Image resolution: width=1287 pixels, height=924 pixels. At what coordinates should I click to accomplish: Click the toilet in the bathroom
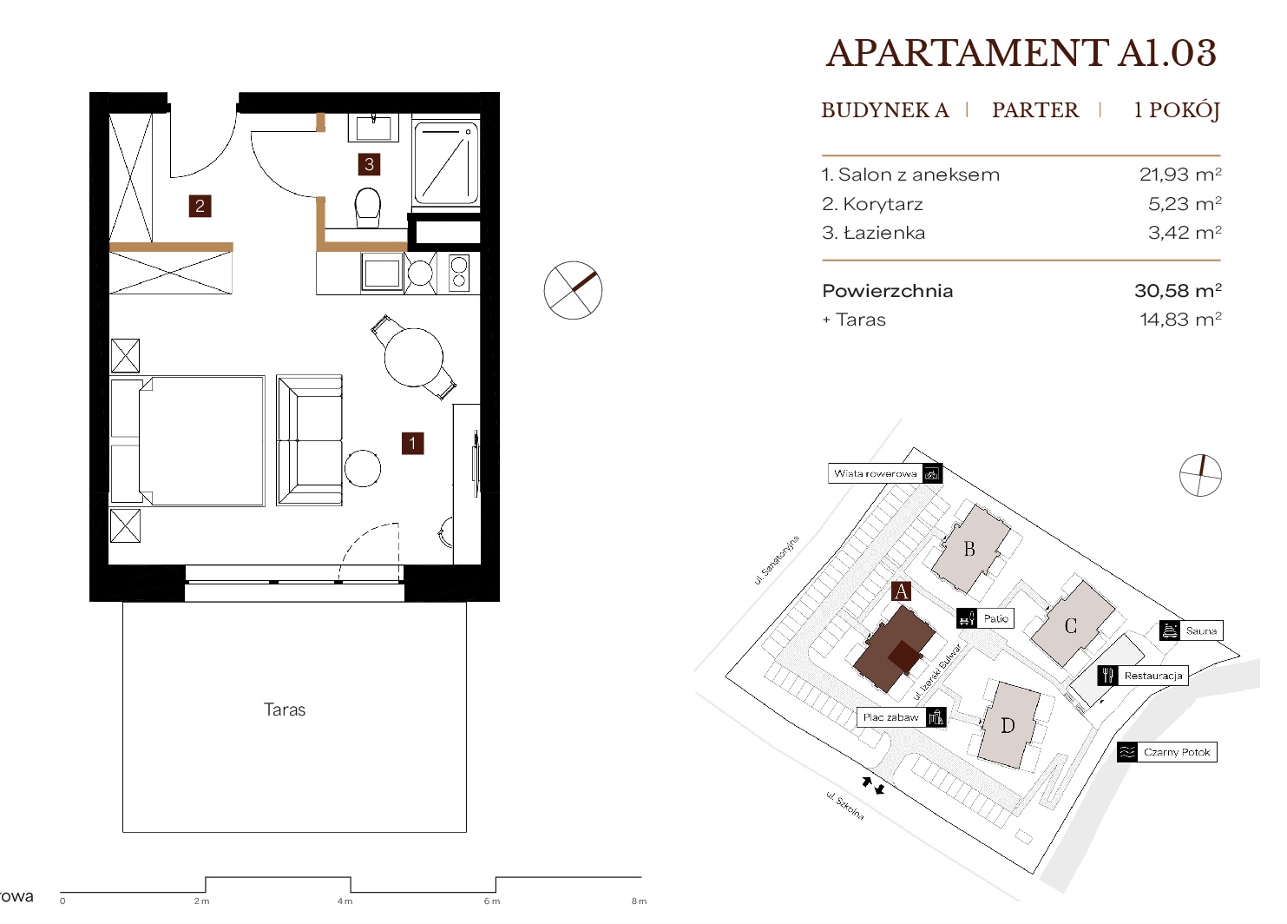[368, 208]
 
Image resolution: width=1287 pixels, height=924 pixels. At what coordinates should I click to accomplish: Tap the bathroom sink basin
[373, 128]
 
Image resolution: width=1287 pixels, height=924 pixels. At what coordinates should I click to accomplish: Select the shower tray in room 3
[446, 162]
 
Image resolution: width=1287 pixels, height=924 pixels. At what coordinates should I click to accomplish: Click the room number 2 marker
[200, 206]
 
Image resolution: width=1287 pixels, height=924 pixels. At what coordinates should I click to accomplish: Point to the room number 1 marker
[412, 443]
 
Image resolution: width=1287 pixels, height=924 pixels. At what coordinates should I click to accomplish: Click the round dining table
[414, 357]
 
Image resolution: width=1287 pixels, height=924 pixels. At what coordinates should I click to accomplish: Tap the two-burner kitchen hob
[459, 273]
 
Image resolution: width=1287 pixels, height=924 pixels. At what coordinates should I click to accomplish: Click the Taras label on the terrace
[285, 709]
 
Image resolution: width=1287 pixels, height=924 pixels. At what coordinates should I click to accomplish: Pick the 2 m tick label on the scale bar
[201, 901]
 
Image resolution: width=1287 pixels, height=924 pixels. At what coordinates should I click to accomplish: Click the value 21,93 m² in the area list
[1180, 174]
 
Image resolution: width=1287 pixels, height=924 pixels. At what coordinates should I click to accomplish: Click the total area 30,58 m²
[1178, 290]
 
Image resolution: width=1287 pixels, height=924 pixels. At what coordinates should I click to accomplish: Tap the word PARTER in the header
[1035, 109]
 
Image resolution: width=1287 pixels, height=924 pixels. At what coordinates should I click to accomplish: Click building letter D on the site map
[1008, 726]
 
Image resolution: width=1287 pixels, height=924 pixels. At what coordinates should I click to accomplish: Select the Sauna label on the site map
[1201, 630]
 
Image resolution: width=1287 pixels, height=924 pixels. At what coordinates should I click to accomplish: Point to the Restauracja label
[1153, 676]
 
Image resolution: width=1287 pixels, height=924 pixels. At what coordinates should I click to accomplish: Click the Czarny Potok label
[1177, 752]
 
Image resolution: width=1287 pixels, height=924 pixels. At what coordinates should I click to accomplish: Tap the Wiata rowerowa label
[876, 474]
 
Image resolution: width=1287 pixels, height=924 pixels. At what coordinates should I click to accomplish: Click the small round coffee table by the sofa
[363, 468]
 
